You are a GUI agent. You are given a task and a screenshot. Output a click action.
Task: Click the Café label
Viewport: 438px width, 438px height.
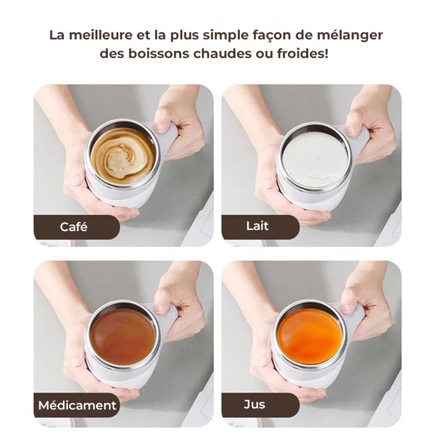pos(73,227)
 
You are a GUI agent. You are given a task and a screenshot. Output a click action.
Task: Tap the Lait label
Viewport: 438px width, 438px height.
pos(257,226)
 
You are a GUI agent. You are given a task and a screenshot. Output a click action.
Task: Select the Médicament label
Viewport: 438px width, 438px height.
pos(77,406)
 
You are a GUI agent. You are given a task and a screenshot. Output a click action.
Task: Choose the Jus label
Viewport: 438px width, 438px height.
pos(255,405)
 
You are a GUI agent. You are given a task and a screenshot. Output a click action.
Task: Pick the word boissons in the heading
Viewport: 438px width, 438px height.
pos(151,55)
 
